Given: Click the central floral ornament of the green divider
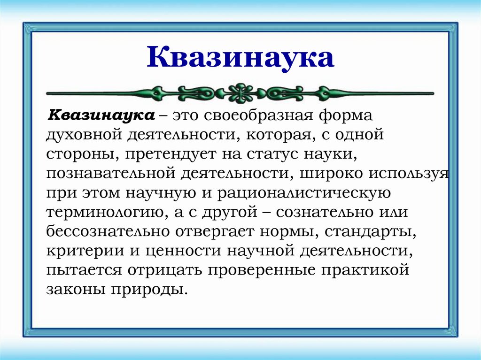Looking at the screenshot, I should pos(240,92).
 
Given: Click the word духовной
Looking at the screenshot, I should pos(84,135).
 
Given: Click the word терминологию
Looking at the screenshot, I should pos(104,212).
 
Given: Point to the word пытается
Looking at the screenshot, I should pos(83,270).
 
